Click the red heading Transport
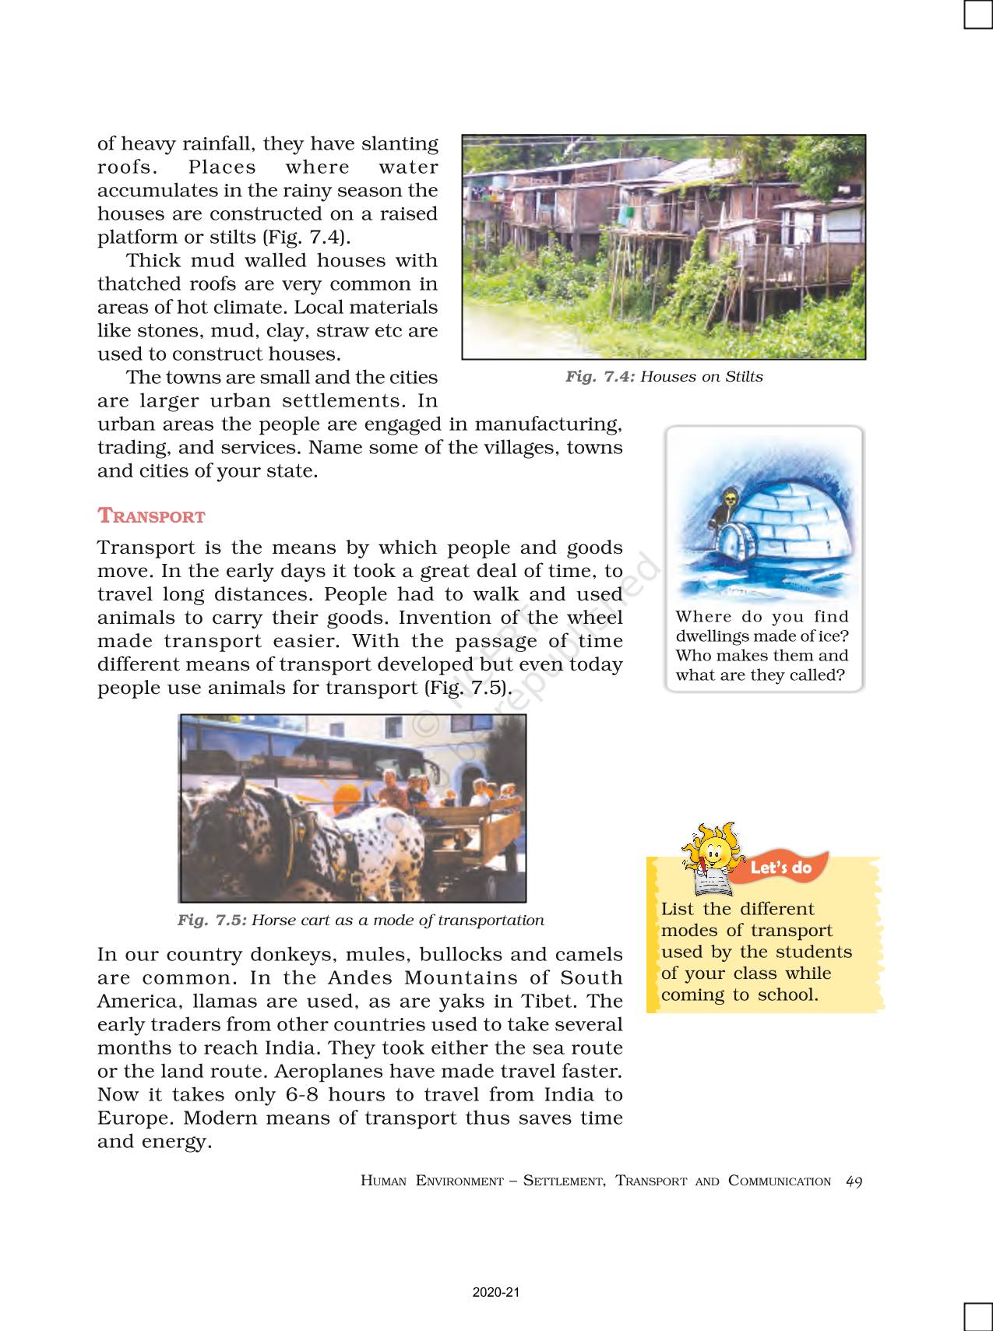click(151, 516)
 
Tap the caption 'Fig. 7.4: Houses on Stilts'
click(664, 377)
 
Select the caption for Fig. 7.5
click(361, 920)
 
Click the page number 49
click(854, 1181)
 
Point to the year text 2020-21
click(495, 1292)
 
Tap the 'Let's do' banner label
click(780, 868)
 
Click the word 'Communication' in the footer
click(779, 1181)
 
